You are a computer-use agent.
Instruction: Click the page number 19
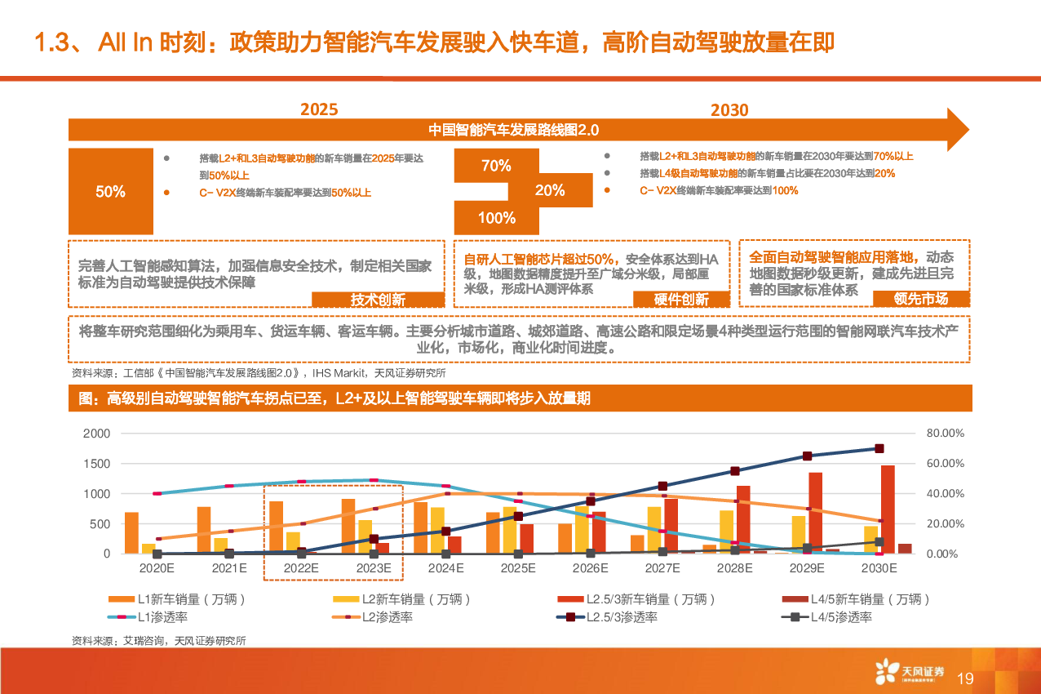click(965, 678)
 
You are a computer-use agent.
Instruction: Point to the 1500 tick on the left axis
click(97, 464)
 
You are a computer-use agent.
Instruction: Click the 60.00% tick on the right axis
click(946, 464)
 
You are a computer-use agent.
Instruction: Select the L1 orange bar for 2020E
click(131, 533)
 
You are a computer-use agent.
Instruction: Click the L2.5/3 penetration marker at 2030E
click(879, 448)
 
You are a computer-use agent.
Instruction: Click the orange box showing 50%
click(110, 192)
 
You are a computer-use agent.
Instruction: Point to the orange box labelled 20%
click(550, 190)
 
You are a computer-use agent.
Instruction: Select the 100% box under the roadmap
click(497, 218)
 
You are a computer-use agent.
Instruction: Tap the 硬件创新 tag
click(681, 300)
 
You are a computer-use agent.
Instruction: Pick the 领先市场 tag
click(920, 299)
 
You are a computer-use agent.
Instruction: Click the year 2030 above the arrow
click(729, 110)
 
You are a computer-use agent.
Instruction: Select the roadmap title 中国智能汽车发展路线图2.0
click(514, 130)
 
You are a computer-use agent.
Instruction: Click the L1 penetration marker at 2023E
click(374, 480)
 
